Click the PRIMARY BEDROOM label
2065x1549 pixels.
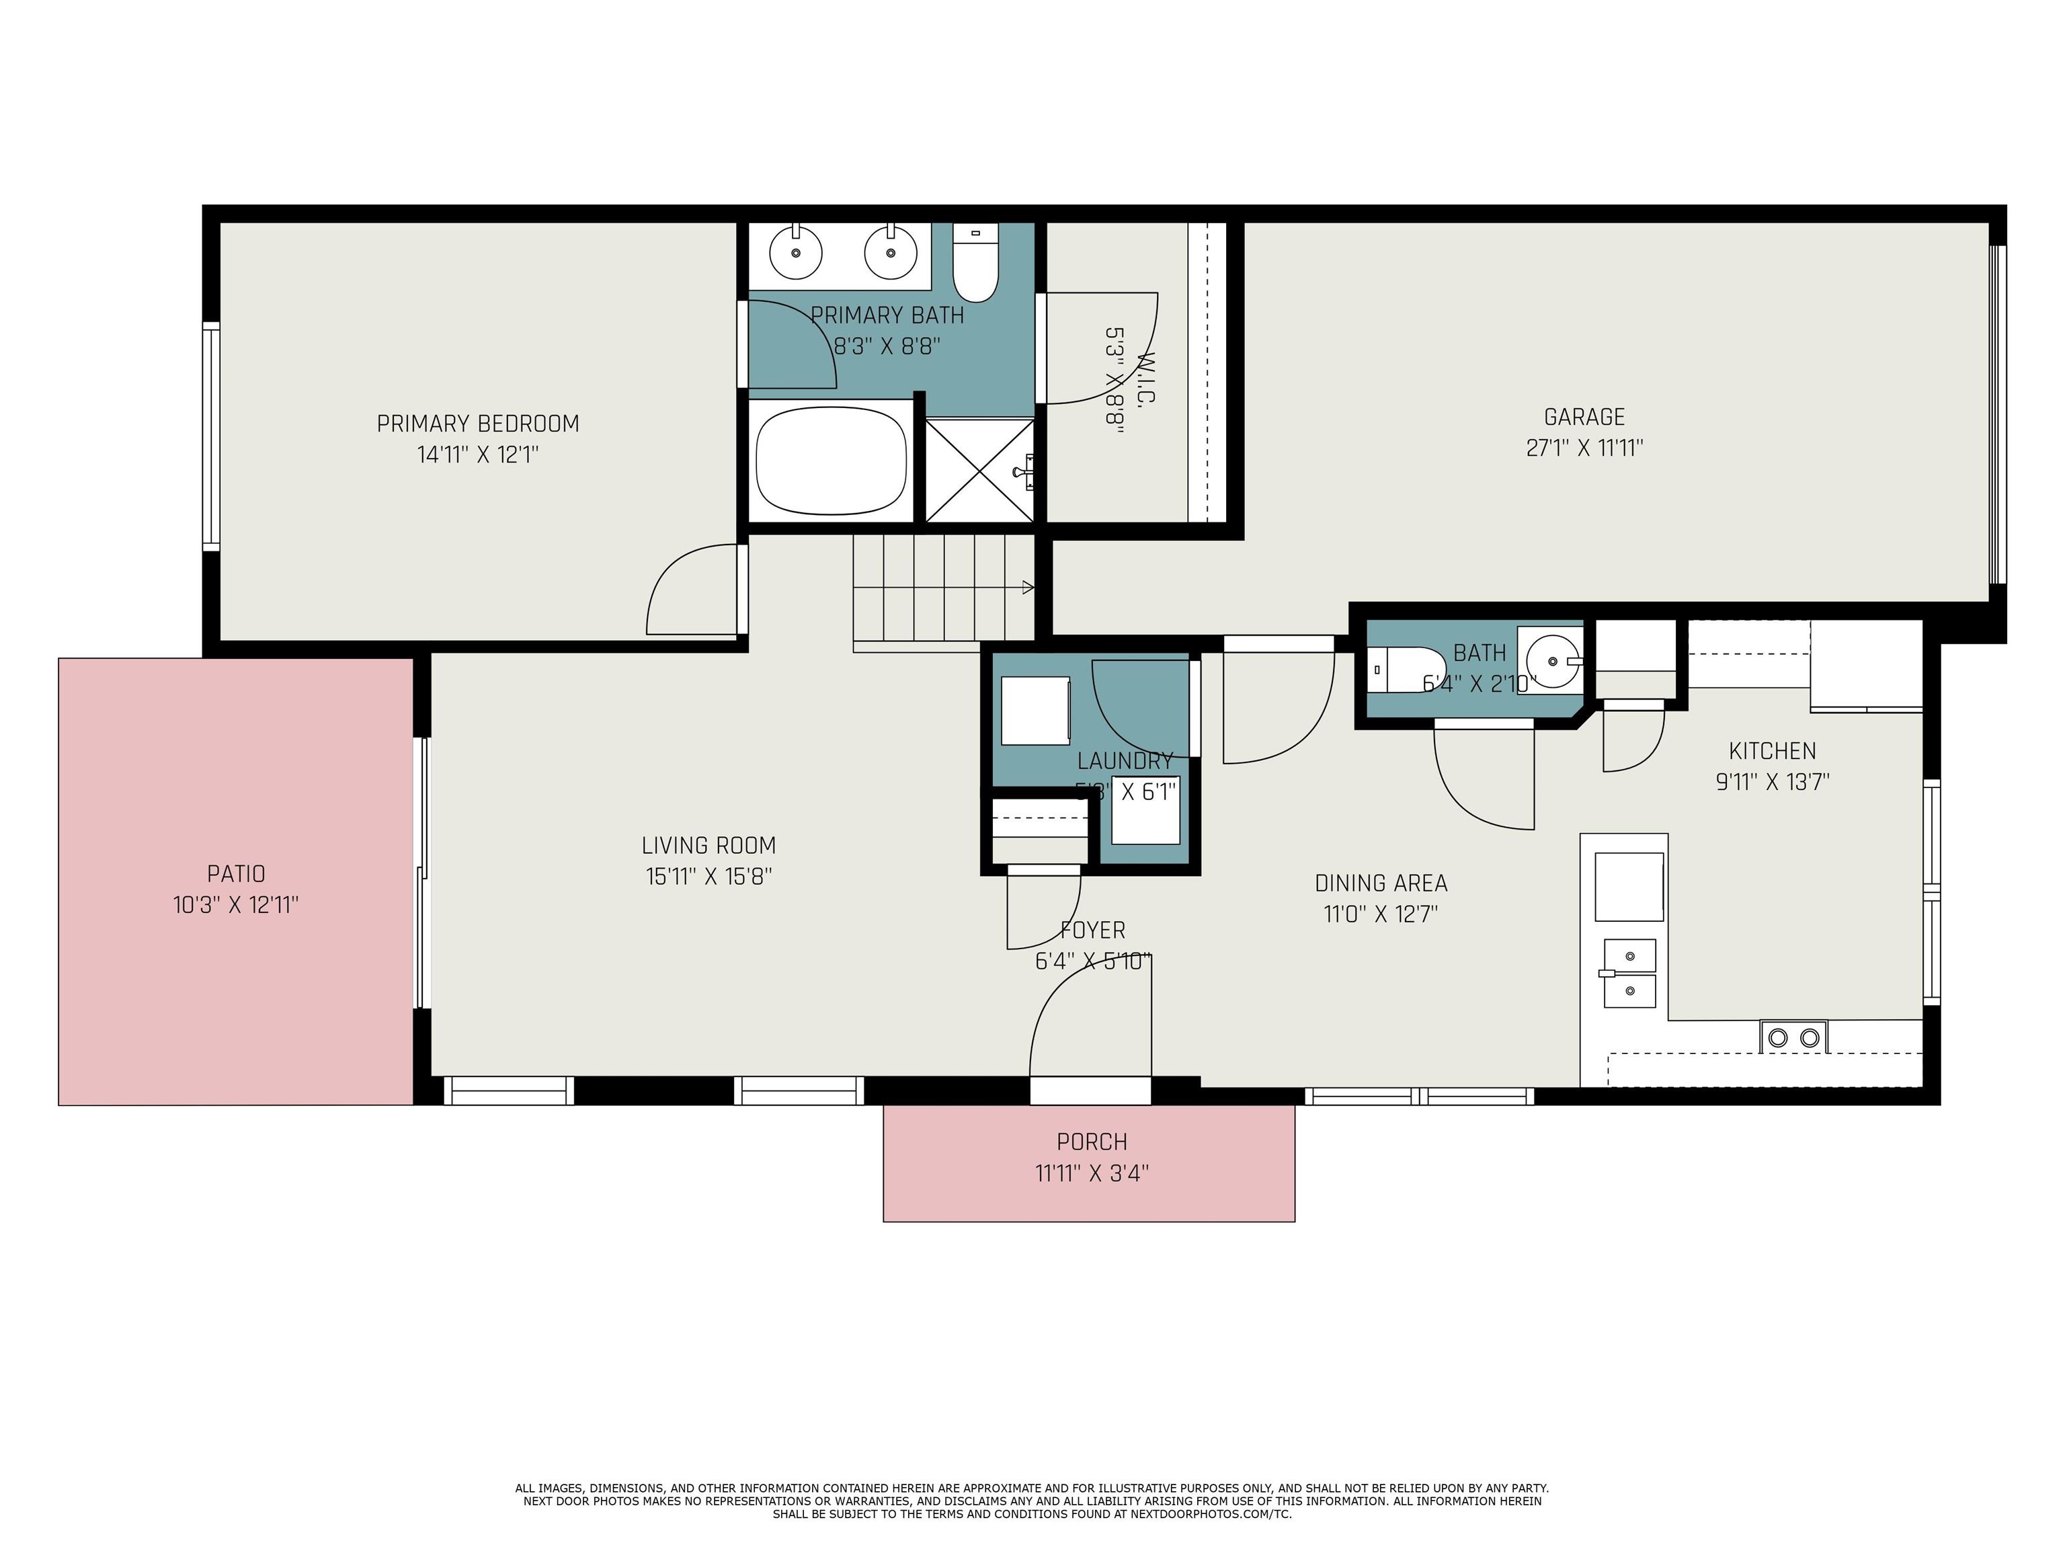click(x=478, y=424)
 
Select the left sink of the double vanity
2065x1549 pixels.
click(x=795, y=251)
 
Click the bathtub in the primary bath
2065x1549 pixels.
click(x=831, y=461)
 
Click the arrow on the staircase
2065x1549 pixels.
click(x=1027, y=588)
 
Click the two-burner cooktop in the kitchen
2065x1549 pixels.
click(x=1793, y=1037)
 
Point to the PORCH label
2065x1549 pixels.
click(x=1091, y=1142)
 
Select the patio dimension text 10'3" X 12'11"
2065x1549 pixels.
click(x=235, y=905)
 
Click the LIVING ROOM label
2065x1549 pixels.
click(x=708, y=846)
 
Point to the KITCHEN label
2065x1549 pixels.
click(x=1772, y=751)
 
